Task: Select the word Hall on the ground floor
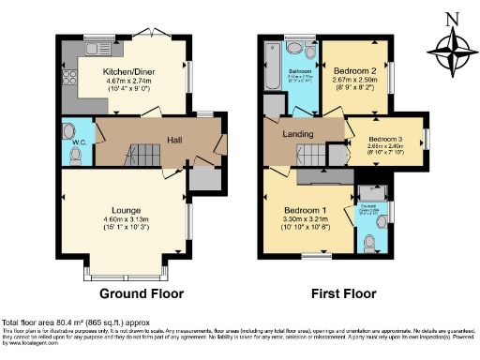point(174,141)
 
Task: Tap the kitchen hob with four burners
point(69,73)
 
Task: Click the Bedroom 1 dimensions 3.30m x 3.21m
point(307,219)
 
